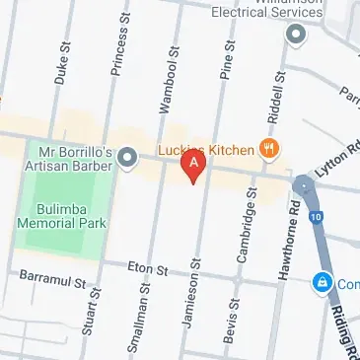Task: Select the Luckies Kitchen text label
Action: point(207,150)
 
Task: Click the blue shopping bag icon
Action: point(321,283)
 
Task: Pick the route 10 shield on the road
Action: point(314,215)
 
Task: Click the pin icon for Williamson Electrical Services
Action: point(295,35)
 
